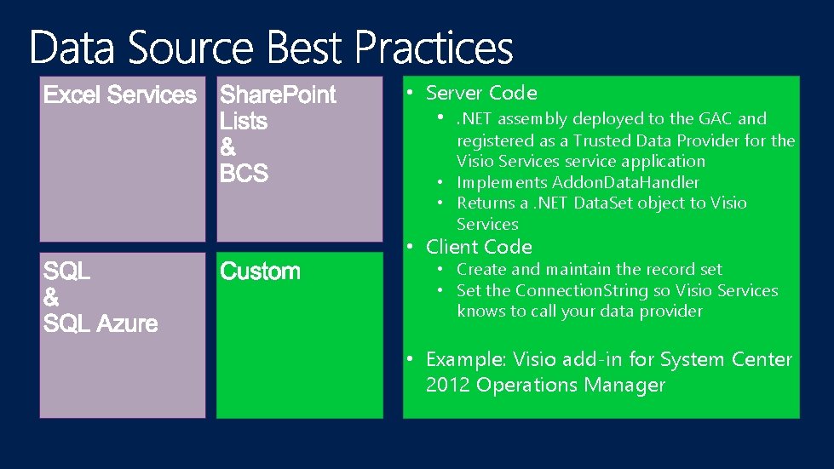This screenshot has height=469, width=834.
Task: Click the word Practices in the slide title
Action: [434, 48]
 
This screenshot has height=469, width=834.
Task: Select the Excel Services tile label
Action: [120, 94]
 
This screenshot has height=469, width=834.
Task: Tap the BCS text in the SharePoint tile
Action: [244, 174]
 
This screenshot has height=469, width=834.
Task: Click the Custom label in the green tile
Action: [260, 272]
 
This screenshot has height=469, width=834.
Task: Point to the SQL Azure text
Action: [101, 324]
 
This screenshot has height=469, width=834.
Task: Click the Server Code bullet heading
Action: [481, 93]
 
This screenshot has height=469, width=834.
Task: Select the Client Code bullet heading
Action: [479, 247]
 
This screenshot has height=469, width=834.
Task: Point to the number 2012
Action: [448, 385]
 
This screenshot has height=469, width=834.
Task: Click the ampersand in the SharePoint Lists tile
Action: [228, 147]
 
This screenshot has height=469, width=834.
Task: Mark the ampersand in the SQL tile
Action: [51, 298]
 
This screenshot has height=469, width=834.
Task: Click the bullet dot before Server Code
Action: [410, 92]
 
